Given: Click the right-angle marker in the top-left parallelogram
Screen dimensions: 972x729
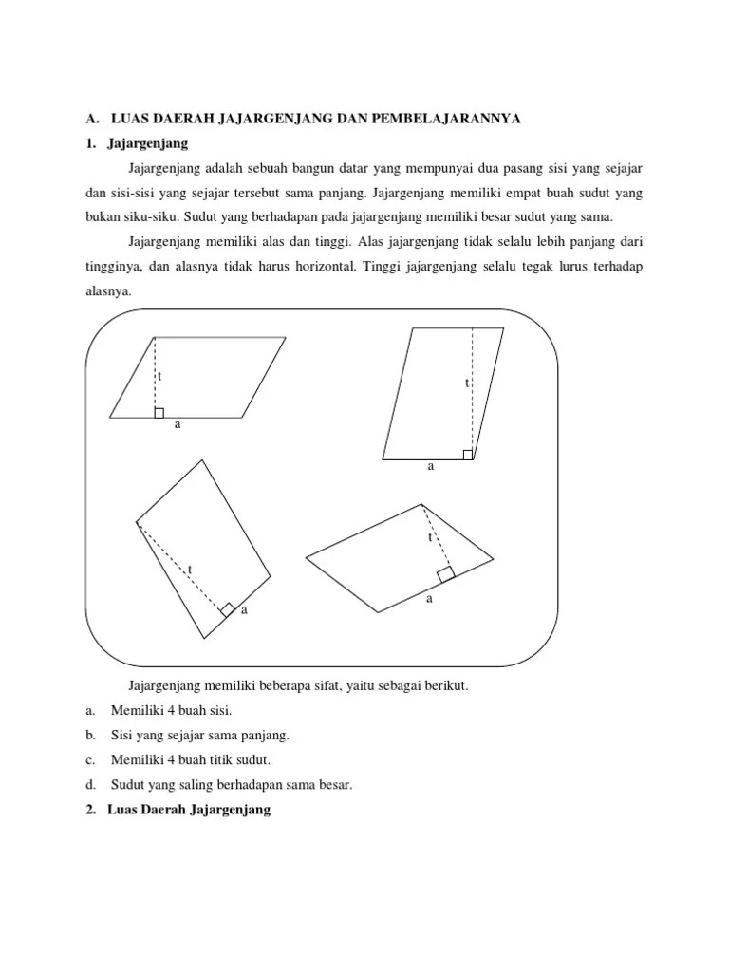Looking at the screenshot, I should tap(159, 412).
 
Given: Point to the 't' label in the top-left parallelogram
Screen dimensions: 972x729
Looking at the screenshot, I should tap(159, 377).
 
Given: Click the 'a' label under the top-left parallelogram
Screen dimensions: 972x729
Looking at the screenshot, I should tap(177, 425).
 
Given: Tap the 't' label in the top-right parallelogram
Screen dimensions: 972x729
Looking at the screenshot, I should tap(466, 383).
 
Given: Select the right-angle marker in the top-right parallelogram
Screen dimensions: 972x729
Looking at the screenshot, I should tap(467, 454).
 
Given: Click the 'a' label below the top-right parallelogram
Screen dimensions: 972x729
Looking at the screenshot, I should tap(430, 467).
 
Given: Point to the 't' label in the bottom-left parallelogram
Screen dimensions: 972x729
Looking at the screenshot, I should tap(190, 570).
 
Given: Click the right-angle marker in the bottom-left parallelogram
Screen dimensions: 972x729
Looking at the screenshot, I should tap(228, 609).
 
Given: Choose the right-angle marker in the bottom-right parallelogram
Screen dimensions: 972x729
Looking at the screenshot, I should tap(444, 573).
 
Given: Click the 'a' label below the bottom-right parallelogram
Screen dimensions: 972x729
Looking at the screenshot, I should tap(429, 599).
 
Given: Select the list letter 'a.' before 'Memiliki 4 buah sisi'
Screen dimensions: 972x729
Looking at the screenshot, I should tap(90, 711).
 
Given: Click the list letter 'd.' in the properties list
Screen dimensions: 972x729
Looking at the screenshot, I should tap(91, 785).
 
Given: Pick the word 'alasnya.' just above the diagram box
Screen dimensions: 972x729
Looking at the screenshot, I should tap(108, 291).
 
